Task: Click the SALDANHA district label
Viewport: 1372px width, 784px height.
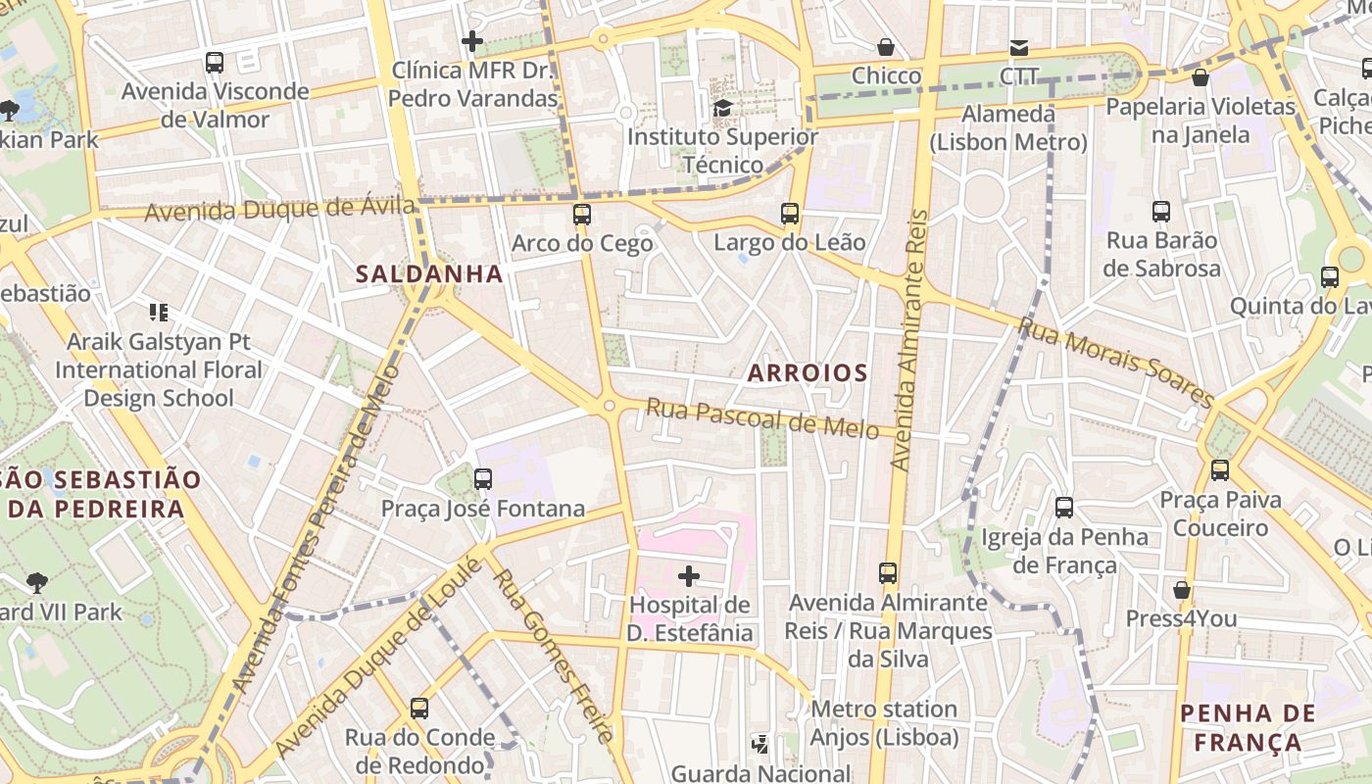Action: click(429, 274)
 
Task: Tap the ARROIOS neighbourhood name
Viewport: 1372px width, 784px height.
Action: click(808, 373)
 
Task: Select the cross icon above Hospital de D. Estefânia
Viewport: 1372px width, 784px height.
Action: click(689, 575)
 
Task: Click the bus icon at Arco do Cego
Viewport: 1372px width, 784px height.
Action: click(582, 214)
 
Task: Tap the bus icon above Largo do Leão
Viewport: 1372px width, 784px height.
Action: click(790, 213)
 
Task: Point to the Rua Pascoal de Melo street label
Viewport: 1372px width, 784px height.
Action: click(761, 418)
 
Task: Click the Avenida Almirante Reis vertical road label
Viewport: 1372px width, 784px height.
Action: click(909, 338)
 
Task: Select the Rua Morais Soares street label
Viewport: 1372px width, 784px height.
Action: click(1116, 362)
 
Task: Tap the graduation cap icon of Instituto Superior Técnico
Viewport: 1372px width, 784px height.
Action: click(722, 108)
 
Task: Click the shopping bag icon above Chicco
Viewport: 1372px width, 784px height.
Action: click(886, 47)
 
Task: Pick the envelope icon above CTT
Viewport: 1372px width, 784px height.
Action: click(1019, 48)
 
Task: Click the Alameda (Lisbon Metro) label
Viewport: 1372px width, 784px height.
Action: click(1008, 128)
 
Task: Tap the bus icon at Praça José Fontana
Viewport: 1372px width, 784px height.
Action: click(482, 479)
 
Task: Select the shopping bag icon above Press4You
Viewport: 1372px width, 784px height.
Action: click(1182, 590)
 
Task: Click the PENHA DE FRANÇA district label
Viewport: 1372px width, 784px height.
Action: click(1249, 727)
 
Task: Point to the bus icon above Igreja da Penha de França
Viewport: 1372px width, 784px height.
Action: click(1064, 508)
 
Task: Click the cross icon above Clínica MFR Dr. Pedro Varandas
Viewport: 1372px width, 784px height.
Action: click(472, 41)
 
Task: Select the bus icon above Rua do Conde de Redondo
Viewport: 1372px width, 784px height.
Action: click(419, 708)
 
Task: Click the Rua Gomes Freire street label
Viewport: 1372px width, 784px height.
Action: click(554, 655)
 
